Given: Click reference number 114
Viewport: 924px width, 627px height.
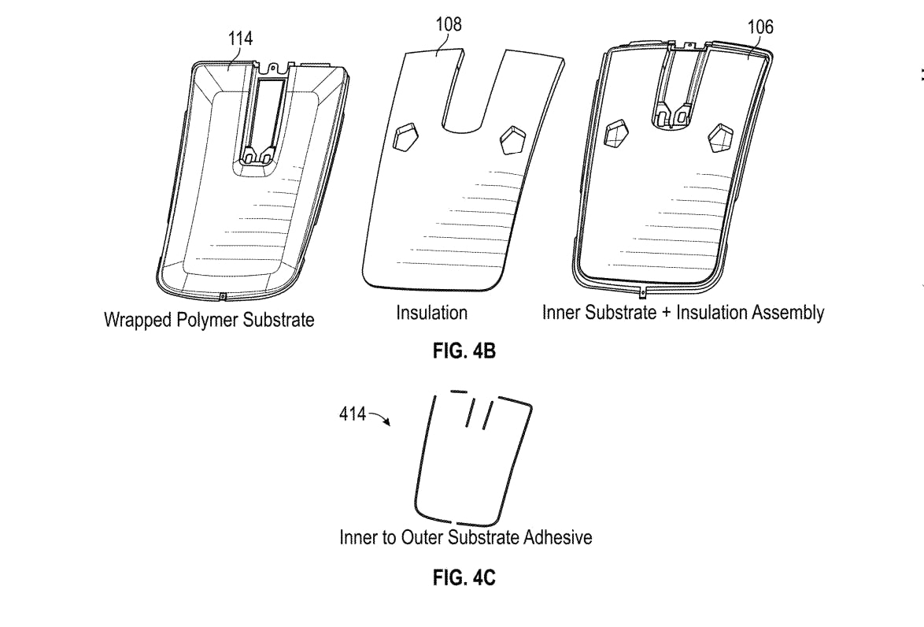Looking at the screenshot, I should pos(241,38).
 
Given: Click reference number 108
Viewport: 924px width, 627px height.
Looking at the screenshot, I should pos(449,24).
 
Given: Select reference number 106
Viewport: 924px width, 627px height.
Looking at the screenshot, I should pos(760,27).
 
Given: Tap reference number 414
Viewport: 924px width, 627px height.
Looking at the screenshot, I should pos(353,413).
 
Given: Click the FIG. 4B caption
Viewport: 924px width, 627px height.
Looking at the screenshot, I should pos(464,351).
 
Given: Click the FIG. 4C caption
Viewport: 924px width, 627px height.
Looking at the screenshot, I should pos(464,578).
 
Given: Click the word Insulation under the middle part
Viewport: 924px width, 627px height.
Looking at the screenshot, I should pos(431,313).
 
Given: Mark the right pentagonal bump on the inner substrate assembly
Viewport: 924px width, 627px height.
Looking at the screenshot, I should pos(721,138).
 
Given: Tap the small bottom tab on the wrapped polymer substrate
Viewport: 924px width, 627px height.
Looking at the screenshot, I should pos(222,297).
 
